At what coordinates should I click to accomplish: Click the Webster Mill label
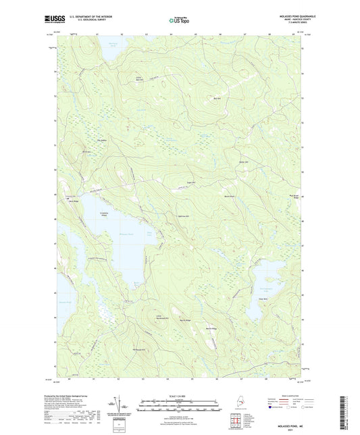(x=244, y=161)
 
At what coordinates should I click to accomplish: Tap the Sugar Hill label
(x=190, y=182)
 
